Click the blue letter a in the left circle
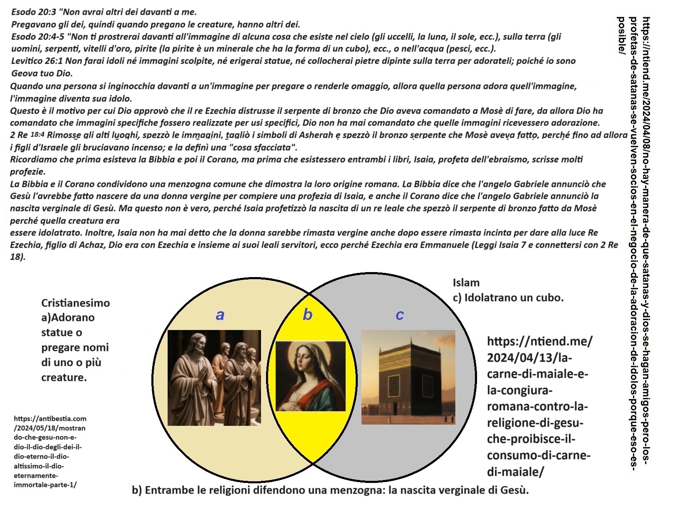pos(220,315)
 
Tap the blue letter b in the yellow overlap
pos(307,315)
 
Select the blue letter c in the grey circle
pos(399,315)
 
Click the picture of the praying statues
pos(214,377)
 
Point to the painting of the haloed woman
pos(311,376)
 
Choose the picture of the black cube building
pos(408,377)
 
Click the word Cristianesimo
pos(75,303)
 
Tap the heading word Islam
pos(466,282)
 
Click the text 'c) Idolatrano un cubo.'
pos(508,297)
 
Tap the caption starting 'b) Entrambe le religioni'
pos(330,490)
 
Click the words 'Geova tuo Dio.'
pos(42,73)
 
